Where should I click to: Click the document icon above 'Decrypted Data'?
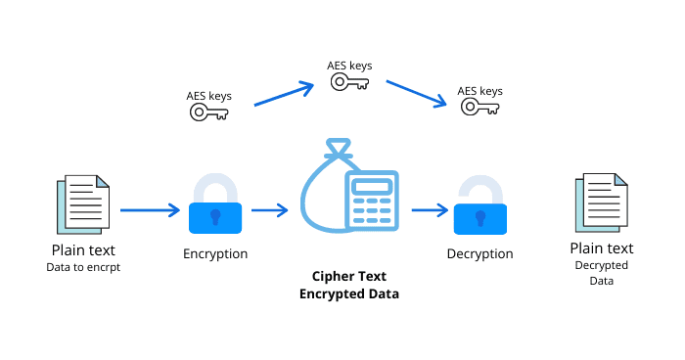[x=599, y=203]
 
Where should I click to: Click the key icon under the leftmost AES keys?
[x=208, y=112]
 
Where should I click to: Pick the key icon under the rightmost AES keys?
[x=479, y=107]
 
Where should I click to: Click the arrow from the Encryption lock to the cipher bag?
[x=269, y=209]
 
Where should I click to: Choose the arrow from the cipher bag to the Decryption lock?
[x=430, y=209]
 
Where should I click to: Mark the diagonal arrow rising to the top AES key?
[x=283, y=95]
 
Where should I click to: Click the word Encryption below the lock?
[x=215, y=253]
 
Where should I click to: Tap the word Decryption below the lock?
[x=479, y=253]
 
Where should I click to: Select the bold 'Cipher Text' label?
[x=349, y=277]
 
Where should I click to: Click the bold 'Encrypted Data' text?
[x=349, y=293]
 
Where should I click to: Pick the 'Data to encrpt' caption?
[x=82, y=267]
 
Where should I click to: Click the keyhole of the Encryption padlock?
[x=215, y=215]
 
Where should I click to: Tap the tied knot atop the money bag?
[x=338, y=152]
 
